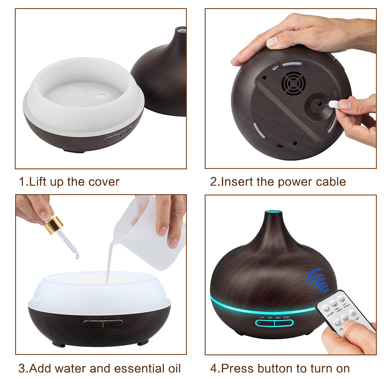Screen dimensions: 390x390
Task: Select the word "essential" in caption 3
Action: click(128, 368)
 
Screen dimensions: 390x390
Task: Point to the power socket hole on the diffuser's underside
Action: click(319, 103)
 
